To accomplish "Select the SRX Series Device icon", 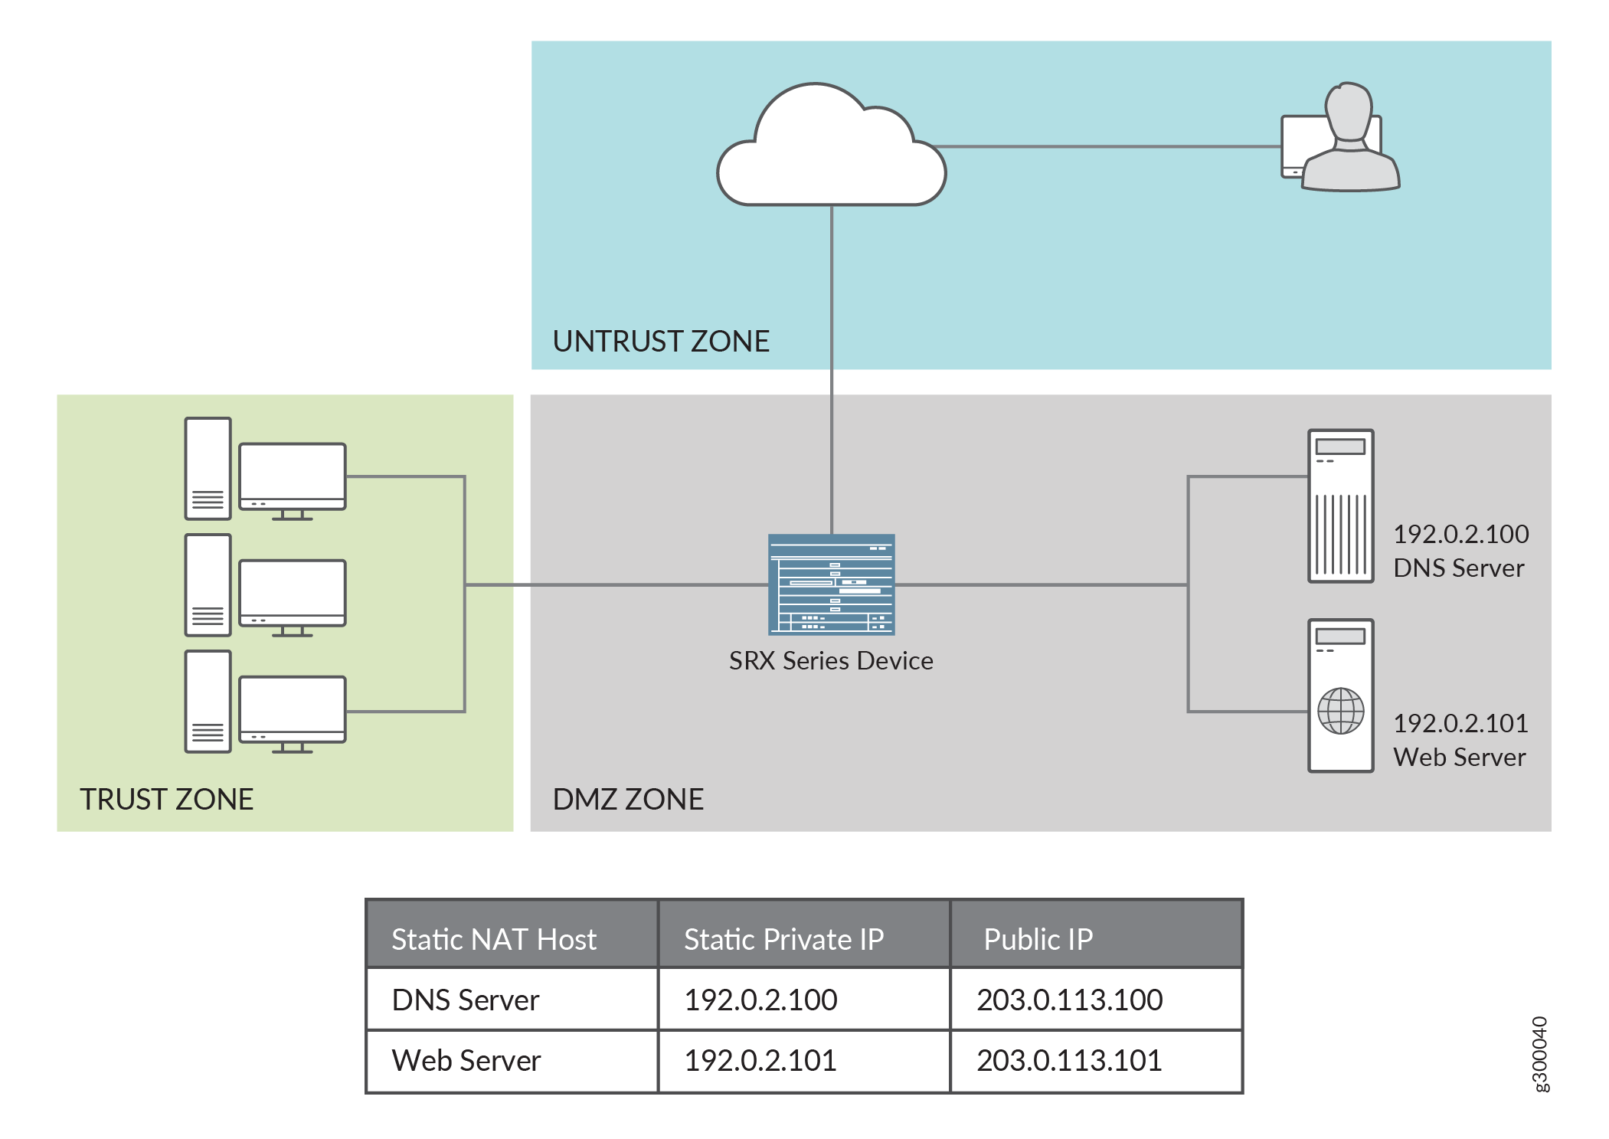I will [831, 584].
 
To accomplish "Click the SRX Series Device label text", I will [831, 660].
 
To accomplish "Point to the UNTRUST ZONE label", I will [661, 341].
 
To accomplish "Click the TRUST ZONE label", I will [166, 799].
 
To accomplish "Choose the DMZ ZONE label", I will [628, 799].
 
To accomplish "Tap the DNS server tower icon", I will [1340, 506].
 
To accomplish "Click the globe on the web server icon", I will [1340, 711].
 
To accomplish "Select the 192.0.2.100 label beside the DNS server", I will [1460, 534].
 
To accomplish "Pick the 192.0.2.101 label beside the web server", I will [1460, 723].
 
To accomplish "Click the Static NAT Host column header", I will [494, 939].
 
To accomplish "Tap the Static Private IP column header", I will [783, 939].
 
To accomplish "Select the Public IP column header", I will [1038, 939].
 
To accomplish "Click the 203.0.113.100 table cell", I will [1069, 1000].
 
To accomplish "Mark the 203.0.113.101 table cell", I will [1069, 1060].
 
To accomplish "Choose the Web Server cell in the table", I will [466, 1060].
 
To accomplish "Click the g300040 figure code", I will [1540, 1054].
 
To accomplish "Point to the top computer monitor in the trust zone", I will [292, 476].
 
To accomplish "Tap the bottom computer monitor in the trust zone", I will [292, 709].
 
